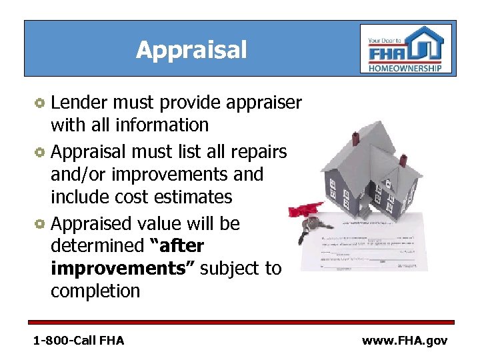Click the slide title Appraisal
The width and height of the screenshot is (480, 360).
tap(191, 49)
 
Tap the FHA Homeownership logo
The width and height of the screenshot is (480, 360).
tap(405, 49)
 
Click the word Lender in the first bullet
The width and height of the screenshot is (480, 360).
tap(81, 103)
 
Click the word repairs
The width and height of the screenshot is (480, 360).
tap(259, 152)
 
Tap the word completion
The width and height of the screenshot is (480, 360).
tap(95, 291)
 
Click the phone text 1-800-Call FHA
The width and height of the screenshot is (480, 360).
tap(79, 341)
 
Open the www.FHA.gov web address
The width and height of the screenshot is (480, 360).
tap(405, 341)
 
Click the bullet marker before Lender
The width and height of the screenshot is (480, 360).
tap(40, 103)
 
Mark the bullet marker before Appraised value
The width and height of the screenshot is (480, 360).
tap(40, 224)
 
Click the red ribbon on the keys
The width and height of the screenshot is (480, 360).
tap(297, 211)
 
